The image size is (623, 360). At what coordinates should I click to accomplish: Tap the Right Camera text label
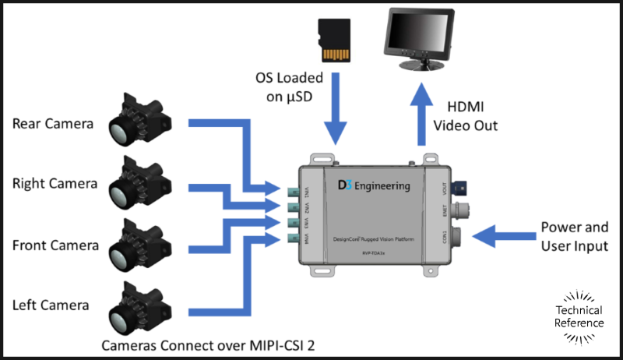[x=55, y=184]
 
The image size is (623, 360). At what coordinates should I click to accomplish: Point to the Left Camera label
[x=51, y=305]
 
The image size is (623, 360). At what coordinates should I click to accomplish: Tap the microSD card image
[x=336, y=43]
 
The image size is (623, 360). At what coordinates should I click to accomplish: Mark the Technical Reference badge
[x=579, y=316]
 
